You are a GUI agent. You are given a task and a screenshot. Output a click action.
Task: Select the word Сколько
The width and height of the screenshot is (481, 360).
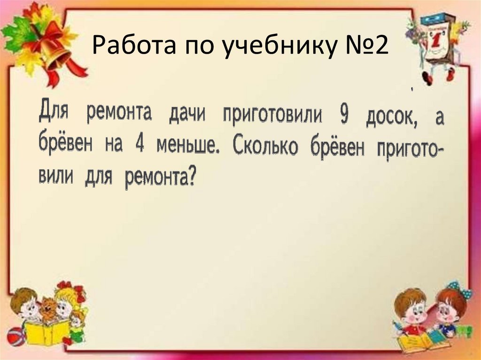coord(265,147)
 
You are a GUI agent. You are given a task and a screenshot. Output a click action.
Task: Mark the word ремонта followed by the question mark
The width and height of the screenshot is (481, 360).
coord(160,179)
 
